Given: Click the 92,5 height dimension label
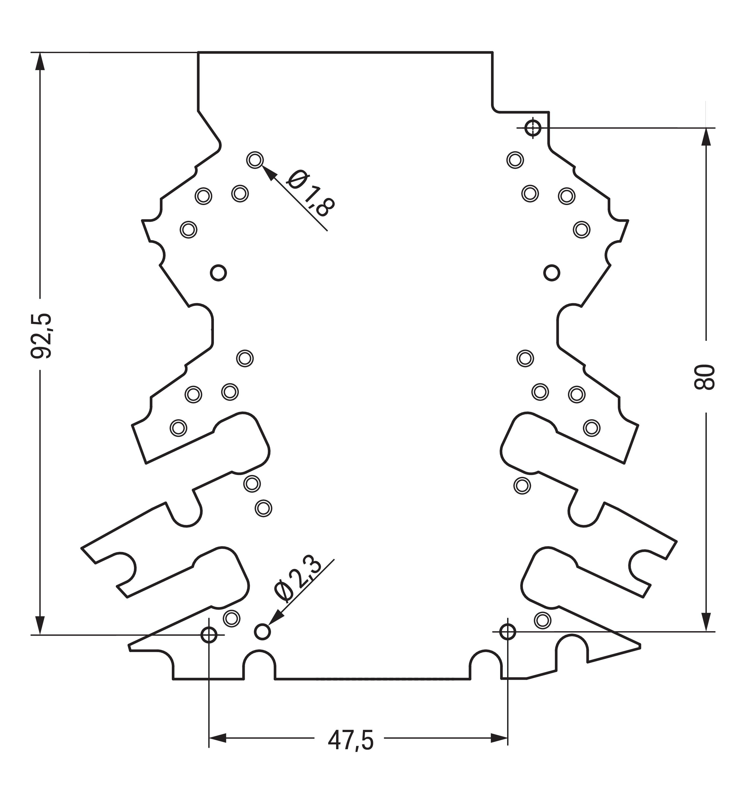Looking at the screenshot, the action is coord(42,336).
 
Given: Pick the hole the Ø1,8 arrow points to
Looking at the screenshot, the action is coord(255,160).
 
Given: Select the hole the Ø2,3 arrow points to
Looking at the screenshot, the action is coord(262,632).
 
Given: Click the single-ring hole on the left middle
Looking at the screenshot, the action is coord(218,273).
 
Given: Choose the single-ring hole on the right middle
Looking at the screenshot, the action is coord(552,273).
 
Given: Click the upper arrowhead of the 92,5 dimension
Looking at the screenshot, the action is coord(40,61).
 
